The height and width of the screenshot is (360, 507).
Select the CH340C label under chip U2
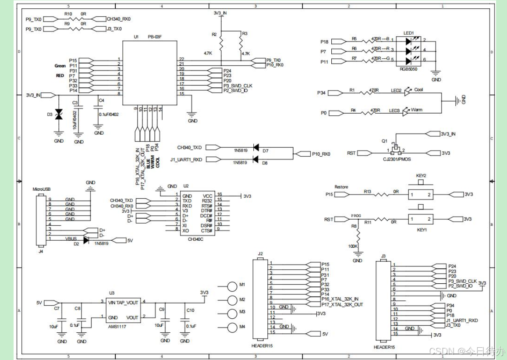[196, 239]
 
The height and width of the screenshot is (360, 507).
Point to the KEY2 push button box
[421, 194]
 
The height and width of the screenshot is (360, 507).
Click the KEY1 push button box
[421, 219]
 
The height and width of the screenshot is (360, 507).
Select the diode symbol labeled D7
[255, 148]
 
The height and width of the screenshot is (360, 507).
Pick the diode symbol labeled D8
[255, 159]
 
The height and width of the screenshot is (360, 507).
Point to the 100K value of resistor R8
[353, 247]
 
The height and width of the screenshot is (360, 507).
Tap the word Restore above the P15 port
[341, 187]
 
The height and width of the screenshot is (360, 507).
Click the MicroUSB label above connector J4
[42, 189]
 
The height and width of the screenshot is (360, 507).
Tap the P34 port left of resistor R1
[333, 93]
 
